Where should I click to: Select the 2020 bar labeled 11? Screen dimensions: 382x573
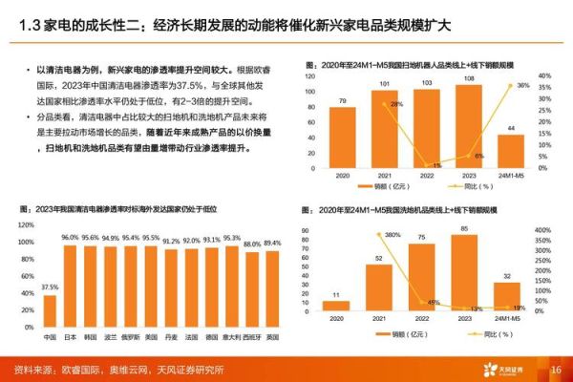336,306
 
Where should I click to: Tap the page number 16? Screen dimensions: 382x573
554,370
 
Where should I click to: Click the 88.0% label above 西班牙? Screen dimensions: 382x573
250,244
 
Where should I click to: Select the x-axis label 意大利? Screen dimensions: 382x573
230,336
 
